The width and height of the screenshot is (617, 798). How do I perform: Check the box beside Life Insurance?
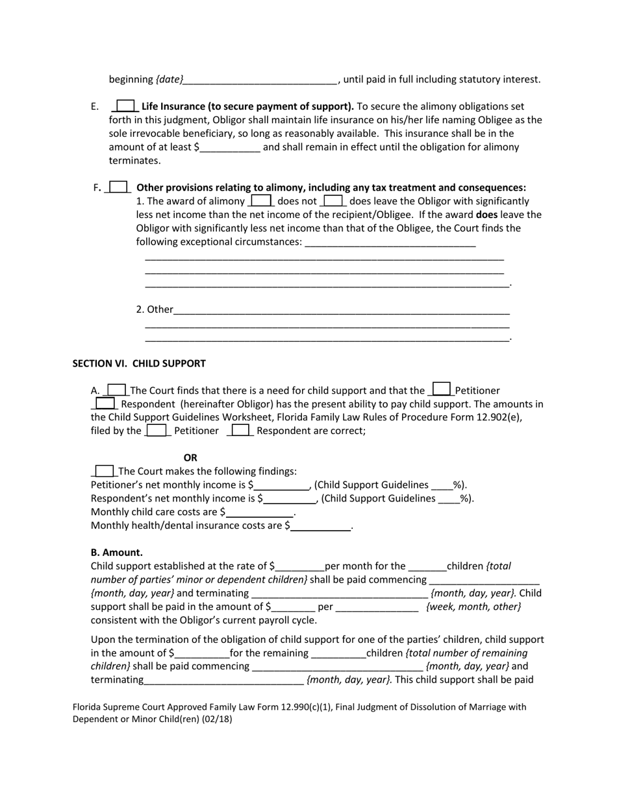tap(125, 106)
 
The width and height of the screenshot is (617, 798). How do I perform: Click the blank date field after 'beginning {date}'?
tap(260, 80)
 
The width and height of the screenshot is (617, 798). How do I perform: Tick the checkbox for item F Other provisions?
tap(118, 187)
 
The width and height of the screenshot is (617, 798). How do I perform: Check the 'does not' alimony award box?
tap(261, 200)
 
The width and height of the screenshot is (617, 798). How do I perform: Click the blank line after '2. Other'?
tap(342, 309)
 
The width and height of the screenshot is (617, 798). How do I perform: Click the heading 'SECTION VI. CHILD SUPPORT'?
tap(139, 363)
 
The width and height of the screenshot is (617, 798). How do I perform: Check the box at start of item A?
tap(116, 390)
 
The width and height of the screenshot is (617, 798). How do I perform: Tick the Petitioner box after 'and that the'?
tap(442, 389)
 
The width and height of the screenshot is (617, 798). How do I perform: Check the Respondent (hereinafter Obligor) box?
tap(105, 404)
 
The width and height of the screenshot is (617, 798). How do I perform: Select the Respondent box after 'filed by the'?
tap(241, 430)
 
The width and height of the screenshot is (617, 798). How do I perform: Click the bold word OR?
tap(190, 457)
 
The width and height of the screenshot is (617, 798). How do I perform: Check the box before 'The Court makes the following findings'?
tap(105, 471)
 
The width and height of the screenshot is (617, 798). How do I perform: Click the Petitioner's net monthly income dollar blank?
tap(281, 485)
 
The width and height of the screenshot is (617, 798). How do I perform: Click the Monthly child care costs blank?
tap(259, 513)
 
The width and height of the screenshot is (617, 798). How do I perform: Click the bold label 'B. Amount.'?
tap(117, 552)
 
